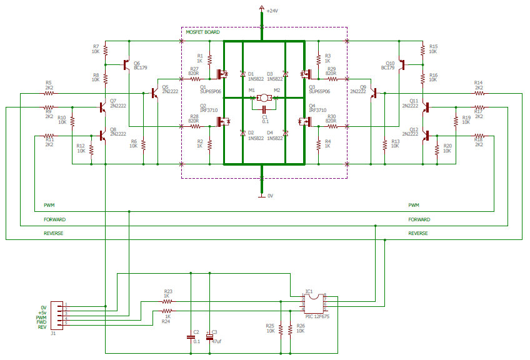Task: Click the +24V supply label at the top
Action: pos(272,11)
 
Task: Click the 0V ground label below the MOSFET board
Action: pos(270,196)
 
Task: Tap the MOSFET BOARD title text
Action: pos(203,32)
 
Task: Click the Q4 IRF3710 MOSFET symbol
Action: pos(306,122)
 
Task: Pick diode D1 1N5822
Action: pos(242,74)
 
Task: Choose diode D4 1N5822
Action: pos(286,132)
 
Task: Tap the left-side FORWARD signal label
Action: pos(54,220)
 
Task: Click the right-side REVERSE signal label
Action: pos(418,233)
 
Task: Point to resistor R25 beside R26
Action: pos(281,329)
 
